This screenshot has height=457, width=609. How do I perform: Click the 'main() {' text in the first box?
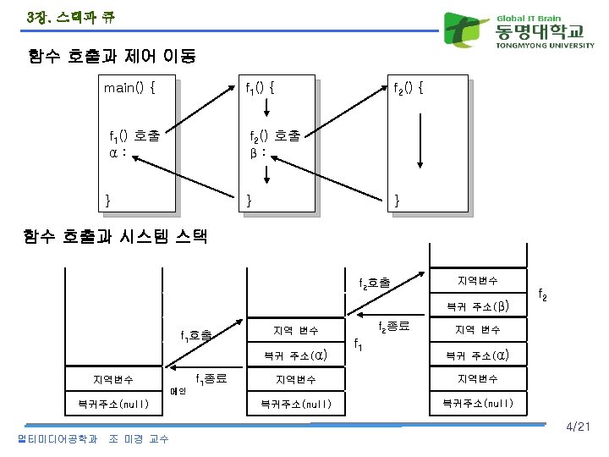coord(128,87)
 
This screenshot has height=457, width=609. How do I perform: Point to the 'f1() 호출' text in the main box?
coord(134,135)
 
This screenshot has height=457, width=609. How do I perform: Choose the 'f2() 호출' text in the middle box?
coord(274,135)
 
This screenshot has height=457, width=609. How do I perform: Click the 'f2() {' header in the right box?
coord(409,87)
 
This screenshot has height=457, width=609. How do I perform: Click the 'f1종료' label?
coord(211,379)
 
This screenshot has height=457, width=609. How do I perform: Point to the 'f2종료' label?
coord(393,326)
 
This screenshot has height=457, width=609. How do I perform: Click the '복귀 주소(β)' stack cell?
coord(477,306)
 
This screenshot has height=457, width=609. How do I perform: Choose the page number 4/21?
coord(579,428)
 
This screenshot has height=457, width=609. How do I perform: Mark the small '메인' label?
coord(178,391)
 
